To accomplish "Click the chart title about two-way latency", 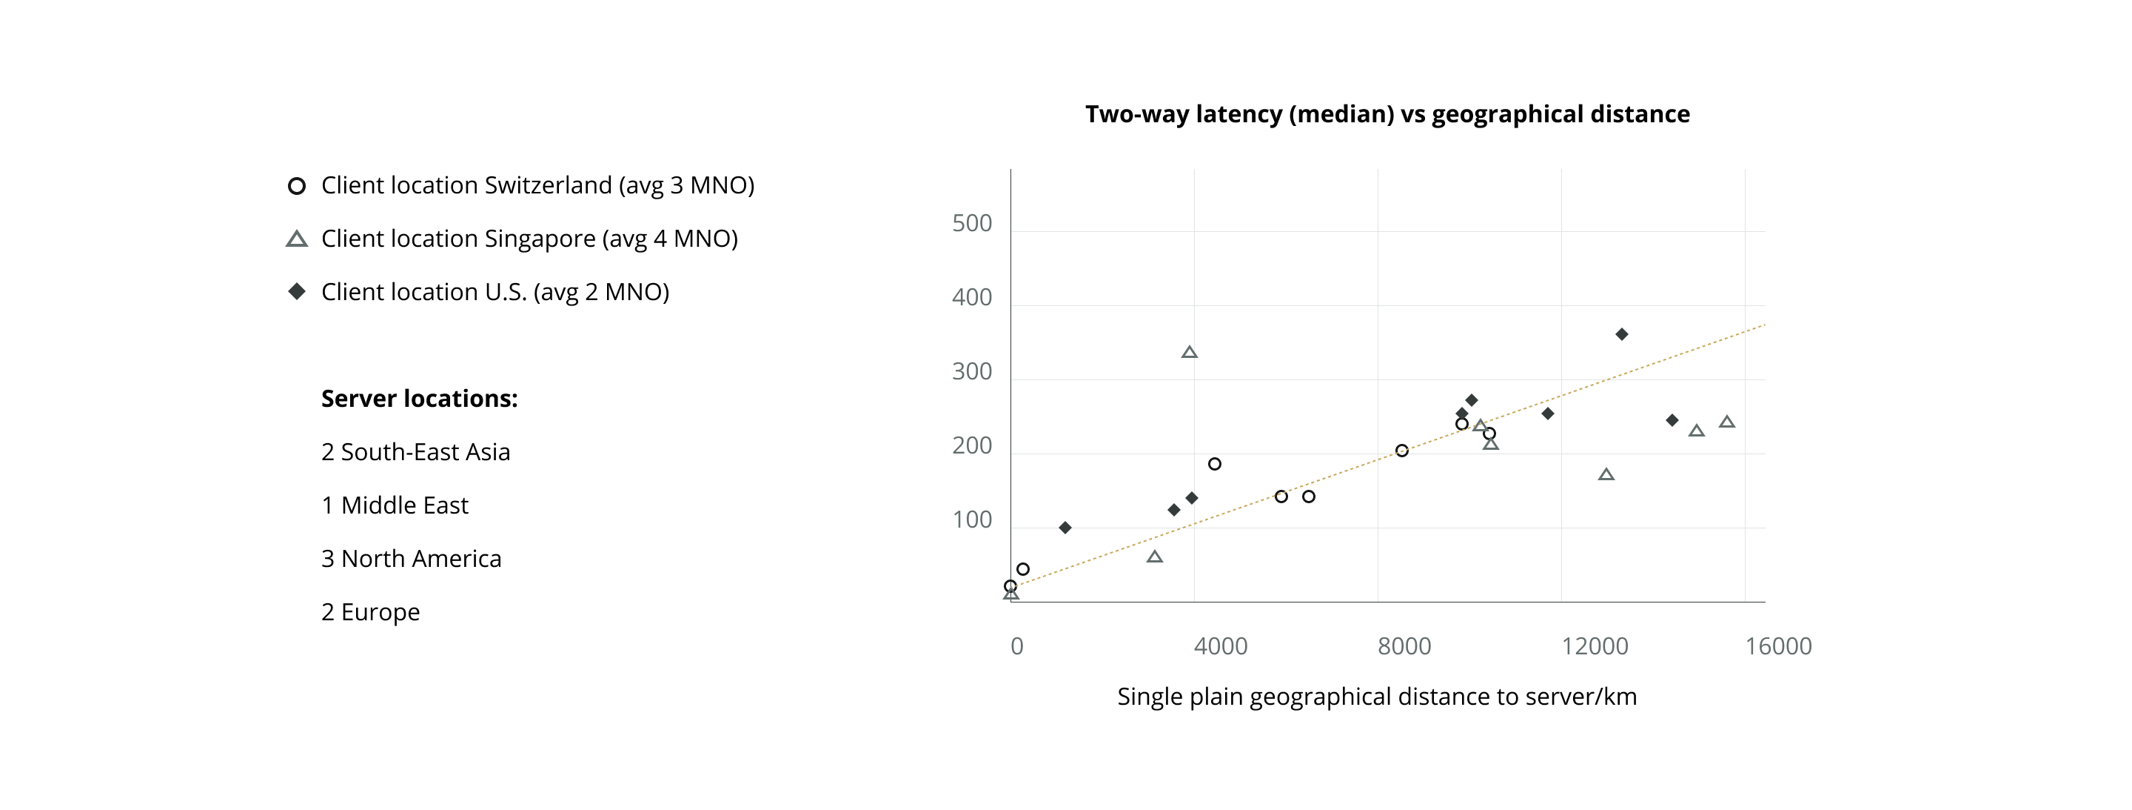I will pyautogui.click(x=1387, y=114).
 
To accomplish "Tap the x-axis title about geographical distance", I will pyautogui.click(x=1376, y=697).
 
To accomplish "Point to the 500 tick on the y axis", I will pyautogui.click(x=972, y=224).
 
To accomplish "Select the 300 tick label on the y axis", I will pyautogui.click(x=972, y=372).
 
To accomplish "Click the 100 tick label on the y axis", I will pyautogui.click(x=972, y=520).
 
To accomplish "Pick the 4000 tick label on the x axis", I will pyautogui.click(x=1220, y=646).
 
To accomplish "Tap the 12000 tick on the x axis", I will pyautogui.click(x=1594, y=646).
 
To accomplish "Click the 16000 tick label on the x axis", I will pyautogui.click(x=1777, y=646).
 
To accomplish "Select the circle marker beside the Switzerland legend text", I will pyautogui.click(x=296, y=186).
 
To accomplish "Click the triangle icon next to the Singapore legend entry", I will pyautogui.click(x=296, y=239).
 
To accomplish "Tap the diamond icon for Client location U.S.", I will pyautogui.click(x=296, y=291).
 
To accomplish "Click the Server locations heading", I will pyautogui.click(x=419, y=399).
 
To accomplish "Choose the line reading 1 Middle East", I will pyautogui.click(x=394, y=505).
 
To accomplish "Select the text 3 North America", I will pyautogui.click(x=411, y=559).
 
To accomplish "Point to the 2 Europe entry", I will pyautogui.click(x=370, y=612).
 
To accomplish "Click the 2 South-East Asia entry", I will pyautogui.click(x=415, y=452).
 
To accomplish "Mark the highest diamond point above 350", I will pyautogui.click(x=1621, y=335).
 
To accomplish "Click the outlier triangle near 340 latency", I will pyautogui.click(x=1190, y=353).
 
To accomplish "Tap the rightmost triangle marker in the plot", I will pyautogui.click(x=1726, y=422).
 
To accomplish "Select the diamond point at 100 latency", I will pyautogui.click(x=1065, y=528).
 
